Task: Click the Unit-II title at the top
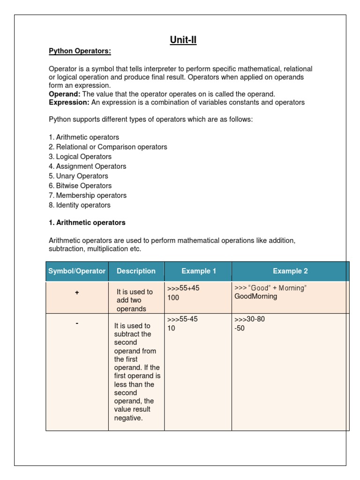pyautogui.click(x=183, y=40)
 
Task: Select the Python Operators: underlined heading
pyautogui.click(x=80, y=51)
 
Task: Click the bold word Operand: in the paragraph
pyautogui.click(x=65, y=94)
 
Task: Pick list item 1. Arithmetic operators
pyautogui.click(x=84, y=137)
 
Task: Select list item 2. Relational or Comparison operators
pyautogui.click(x=108, y=147)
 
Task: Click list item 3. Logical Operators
pyautogui.click(x=80, y=157)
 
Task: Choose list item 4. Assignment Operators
pyautogui.click(x=87, y=166)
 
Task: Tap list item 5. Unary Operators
pyautogui.click(x=78, y=176)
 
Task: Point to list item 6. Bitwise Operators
pyautogui.click(x=80, y=186)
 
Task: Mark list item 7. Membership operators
pyautogui.click(x=88, y=195)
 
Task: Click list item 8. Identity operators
pyautogui.click(x=80, y=205)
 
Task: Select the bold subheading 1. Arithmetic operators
pyautogui.click(x=87, y=223)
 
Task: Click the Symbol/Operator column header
pyautogui.click(x=77, y=271)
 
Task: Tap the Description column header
pyautogui.click(x=136, y=271)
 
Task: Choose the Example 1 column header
pyautogui.click(x=199, y=271)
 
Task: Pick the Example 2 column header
pyautogui.click(x=290, y=271)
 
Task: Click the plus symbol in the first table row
pyautogui.click(x=77, y=292)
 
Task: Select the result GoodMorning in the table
pyautogui.click(x=255, y=297)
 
